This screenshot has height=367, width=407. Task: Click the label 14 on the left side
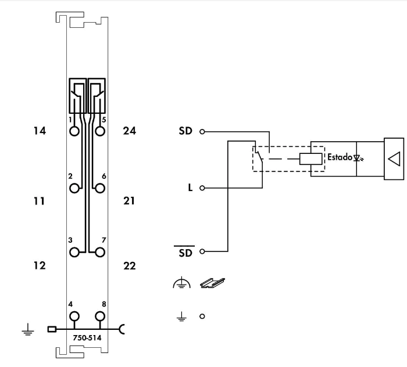pos(40,131)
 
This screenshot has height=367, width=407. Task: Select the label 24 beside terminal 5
pos(129,131)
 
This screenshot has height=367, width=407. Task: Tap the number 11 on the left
pos(39,202)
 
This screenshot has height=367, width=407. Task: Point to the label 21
pos(129,202)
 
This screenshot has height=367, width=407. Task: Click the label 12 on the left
pos(40,266)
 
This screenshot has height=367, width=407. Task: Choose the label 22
pos(129,266)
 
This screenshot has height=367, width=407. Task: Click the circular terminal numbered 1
pos(74,131)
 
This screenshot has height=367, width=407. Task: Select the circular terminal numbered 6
pos(100,188)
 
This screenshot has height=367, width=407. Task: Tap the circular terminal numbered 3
pos(74,252)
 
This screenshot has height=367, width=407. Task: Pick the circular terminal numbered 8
pos(100,316)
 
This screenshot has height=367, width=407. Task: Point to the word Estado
pos(340,157)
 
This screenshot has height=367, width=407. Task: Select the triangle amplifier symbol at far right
pos(394,157)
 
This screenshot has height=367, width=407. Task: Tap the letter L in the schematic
pos(190,188)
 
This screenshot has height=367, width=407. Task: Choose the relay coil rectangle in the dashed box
pos(311,158)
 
